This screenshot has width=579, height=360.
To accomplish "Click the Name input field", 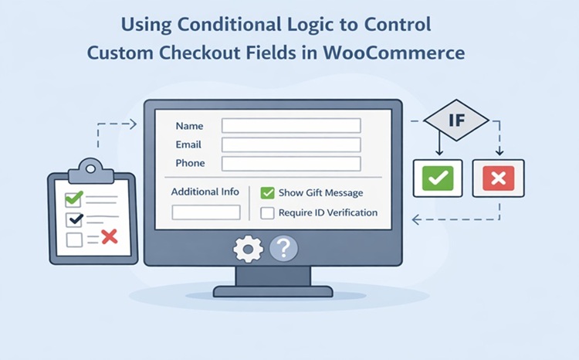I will click(x=291, y=125).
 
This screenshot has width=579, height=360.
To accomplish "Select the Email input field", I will click(x=291, y=144).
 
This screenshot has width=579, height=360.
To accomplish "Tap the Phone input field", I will click(x=291, y=163).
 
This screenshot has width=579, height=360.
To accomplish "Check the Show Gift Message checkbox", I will click(x=268, y=192).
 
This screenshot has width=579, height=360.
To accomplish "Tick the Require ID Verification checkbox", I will click(x=268, y=212).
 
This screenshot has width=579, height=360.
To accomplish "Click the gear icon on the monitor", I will click(x=248, y=249).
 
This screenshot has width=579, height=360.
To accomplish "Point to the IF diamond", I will click(x=456, y=121).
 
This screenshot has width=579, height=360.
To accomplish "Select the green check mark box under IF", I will click(x=438, y=178).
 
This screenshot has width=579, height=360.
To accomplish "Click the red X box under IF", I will click(x=498, y=178).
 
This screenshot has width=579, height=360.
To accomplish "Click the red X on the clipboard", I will click(x=109, y=237).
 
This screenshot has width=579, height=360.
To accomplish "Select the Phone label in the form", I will click(x=190, y=163).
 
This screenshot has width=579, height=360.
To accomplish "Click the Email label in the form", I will click(x=188, y=144).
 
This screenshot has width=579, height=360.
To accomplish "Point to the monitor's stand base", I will click(x=273, y=291).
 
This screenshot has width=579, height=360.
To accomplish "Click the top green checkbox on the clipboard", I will click(x=74, y=199).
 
